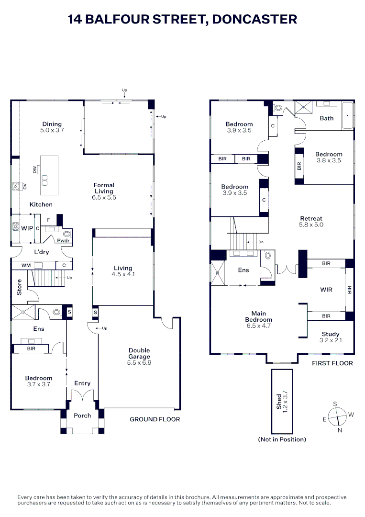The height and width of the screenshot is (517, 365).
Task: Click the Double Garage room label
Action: (139, 353)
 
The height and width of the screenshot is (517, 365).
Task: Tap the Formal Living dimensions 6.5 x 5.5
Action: (104, 198)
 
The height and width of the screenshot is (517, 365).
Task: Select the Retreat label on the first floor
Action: (311, 218)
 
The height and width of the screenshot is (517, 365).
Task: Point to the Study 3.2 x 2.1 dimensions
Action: (331, 340)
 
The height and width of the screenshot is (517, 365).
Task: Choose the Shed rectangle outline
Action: (282, 401)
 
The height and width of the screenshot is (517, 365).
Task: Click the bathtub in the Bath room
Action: (348, 116)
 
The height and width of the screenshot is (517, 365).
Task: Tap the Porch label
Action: (82, 416)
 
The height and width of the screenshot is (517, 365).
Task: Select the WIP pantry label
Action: (27, 228)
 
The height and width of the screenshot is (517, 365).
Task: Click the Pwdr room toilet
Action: (67, 234)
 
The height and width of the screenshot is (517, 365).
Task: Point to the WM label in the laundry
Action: (26, 265)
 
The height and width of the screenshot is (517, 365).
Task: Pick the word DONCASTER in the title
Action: (254, 19)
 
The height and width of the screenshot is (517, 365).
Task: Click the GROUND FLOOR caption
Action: (155, 419)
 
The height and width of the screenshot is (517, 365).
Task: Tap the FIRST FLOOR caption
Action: (332, 363)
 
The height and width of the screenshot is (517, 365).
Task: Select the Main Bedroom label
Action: (259, 316)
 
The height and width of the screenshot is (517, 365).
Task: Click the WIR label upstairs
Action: (326, 290)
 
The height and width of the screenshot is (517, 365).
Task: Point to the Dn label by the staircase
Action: (261, 242)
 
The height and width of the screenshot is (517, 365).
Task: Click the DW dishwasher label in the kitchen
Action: (35, 169)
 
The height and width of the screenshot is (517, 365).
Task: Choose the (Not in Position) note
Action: (282, 439)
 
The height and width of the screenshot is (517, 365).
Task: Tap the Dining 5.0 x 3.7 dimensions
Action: (52, 130)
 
